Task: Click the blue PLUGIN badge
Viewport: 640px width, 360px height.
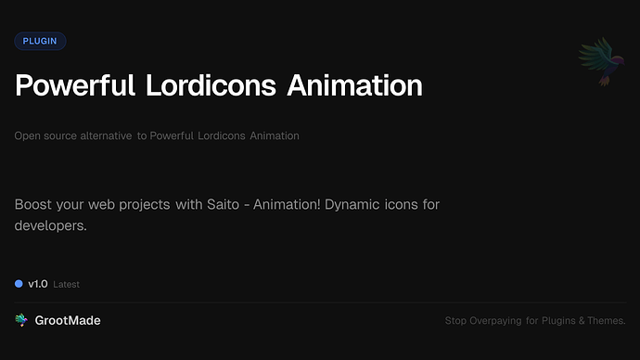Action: tap(40, 41)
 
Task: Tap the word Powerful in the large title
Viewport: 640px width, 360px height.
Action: tap(76, 85)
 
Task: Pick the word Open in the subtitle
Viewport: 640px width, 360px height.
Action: tap(26, 135)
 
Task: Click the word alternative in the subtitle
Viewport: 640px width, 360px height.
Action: tap(106, 135)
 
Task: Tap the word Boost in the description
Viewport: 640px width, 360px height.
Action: tap(33, 203)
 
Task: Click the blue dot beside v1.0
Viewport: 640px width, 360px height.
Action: tap(19, 284)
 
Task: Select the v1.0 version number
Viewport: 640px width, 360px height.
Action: tap(38, 284)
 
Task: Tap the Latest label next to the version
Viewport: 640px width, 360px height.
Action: tap(67, 285)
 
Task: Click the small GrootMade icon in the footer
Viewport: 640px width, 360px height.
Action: tap(21, 320)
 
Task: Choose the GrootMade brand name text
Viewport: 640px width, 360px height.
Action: tap(68, 320)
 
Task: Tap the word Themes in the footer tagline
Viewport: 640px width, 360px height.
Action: tap(608, 321)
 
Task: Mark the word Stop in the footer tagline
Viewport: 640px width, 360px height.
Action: tap(455, 321)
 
